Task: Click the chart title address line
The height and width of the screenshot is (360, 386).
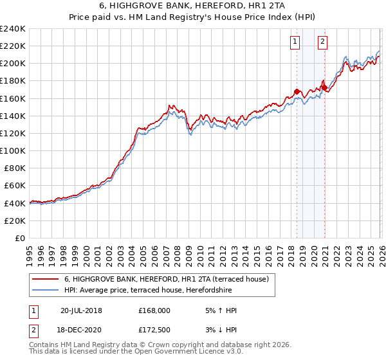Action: point(193,6)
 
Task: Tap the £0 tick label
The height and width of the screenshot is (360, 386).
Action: point(21,238)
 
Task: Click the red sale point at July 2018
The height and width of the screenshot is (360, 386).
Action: point(297,91)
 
